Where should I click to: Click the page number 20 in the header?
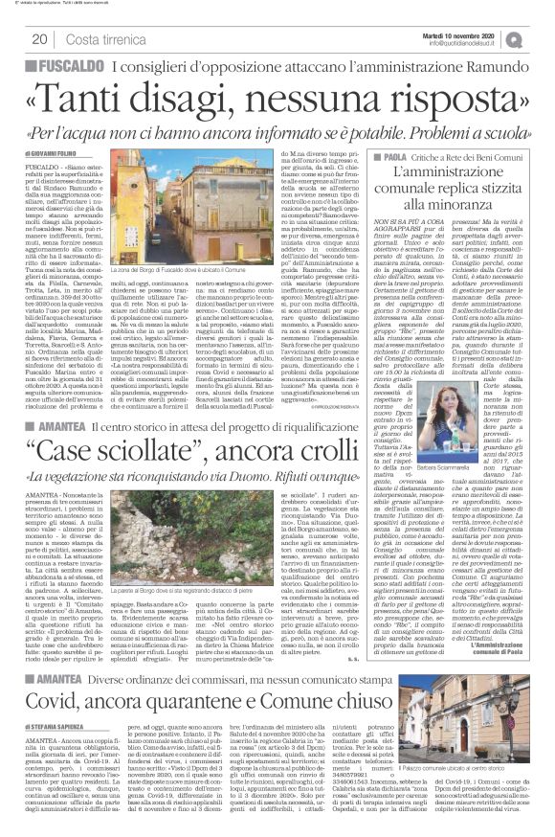click(x=41, y=39)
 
